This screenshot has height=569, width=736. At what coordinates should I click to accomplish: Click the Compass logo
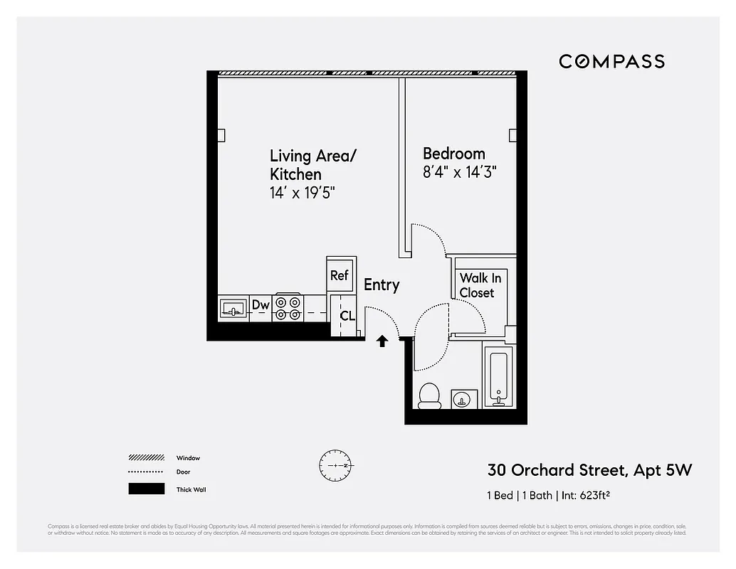coord(611,62)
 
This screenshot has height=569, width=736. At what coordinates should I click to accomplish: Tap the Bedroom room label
coord(453,154)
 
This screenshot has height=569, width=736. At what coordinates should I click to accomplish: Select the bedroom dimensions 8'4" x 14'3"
coord(458,172)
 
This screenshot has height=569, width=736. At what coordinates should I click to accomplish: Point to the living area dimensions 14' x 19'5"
coord(303,193)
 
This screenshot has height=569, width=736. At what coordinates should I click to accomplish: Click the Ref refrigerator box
coord(339,275)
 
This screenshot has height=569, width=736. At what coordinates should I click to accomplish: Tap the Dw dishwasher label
coord(261,306)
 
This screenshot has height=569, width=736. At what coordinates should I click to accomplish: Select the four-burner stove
coord(289,307)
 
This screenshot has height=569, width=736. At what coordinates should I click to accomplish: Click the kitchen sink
coord(232,308)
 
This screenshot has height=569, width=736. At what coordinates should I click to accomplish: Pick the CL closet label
coord(347,316)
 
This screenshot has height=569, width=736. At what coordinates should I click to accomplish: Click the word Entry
coord(382,285)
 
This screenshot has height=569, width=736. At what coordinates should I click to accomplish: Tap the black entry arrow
coord(382,341)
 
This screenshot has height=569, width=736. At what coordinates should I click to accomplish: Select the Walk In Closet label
coord(480,285)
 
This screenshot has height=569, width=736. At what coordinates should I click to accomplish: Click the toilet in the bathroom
coord(429,395)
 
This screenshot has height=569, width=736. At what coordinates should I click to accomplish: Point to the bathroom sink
coord(464,399)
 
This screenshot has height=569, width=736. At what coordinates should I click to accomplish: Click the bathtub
coord(498,377)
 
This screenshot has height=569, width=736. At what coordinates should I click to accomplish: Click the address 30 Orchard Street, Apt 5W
coord(589,470)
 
